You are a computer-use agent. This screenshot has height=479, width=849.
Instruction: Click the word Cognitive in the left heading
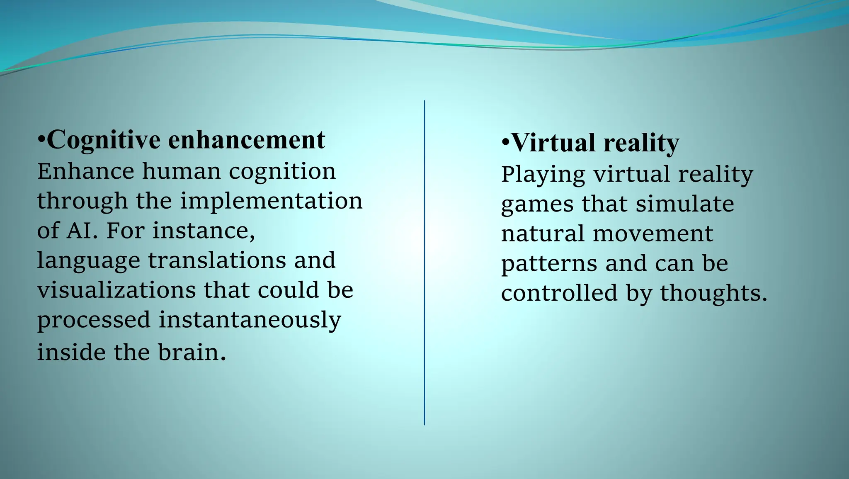pos(104,140)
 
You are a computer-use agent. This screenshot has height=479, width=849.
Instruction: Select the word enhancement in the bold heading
pos(246,140)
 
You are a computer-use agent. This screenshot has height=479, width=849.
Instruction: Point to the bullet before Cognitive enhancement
pos(41,140)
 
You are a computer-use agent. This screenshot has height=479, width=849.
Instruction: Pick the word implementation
pos(271,201)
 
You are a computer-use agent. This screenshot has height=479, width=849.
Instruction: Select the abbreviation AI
pos(81,231)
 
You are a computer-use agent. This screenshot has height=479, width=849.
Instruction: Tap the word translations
pos(217,260)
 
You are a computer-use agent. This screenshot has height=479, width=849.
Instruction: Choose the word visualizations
pos(116,290)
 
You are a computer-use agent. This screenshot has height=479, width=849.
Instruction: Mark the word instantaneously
pos(250,320)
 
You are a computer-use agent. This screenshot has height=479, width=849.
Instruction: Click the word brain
pos(192,353)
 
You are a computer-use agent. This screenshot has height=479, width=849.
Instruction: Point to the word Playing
pos(543,175)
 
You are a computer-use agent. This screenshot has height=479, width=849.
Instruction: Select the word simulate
pos(685,204)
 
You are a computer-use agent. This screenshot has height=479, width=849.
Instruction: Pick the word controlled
pos(559,293)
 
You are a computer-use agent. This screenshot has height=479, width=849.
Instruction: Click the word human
pos(182,171)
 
